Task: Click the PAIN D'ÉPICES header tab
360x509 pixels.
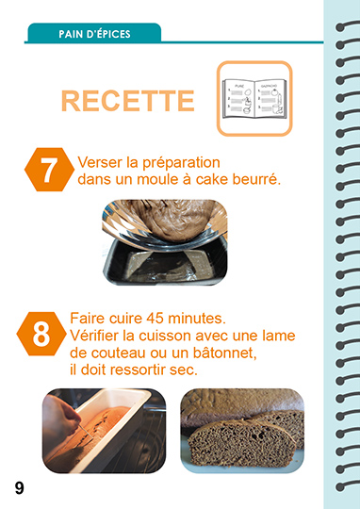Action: point(94,33)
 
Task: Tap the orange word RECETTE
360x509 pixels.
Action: point(128,101)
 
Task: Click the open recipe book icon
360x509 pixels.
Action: point(254,98)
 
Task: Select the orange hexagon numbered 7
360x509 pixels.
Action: point(49,170)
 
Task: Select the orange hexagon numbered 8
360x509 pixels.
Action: point(41,334)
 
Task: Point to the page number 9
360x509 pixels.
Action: point(20,488)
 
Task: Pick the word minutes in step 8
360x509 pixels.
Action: point(195,319)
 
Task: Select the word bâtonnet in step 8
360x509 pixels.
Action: point(225,353)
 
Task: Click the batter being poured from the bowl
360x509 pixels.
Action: point(173,219)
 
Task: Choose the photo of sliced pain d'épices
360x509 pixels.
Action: point(242,431)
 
